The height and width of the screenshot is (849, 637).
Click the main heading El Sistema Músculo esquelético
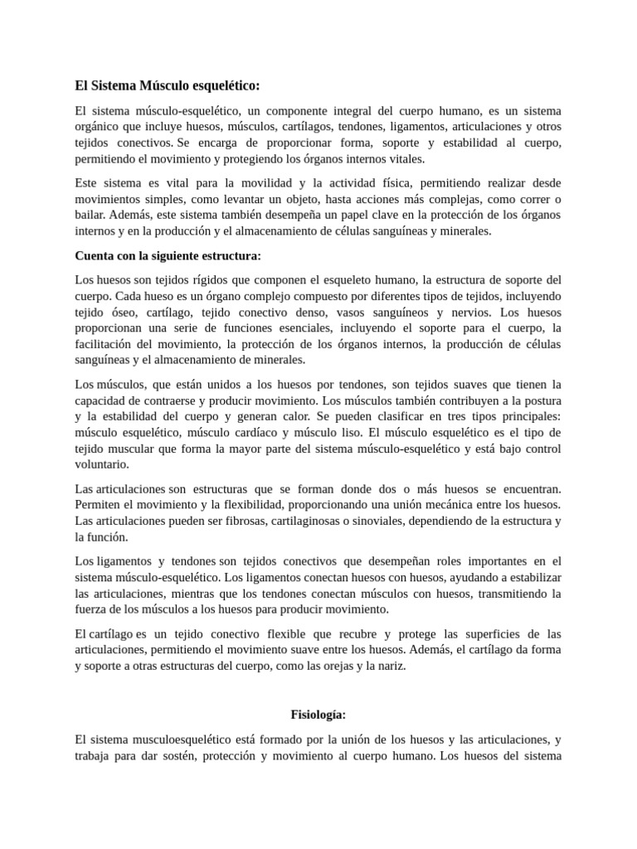(x=168, y=85)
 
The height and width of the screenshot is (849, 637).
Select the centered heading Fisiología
(x=318, y=714)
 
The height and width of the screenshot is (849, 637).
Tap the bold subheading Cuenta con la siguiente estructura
(x=168, y=255)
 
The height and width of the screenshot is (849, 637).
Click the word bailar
(x=90, y=214)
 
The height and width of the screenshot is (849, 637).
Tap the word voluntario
(x=102, y=464)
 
